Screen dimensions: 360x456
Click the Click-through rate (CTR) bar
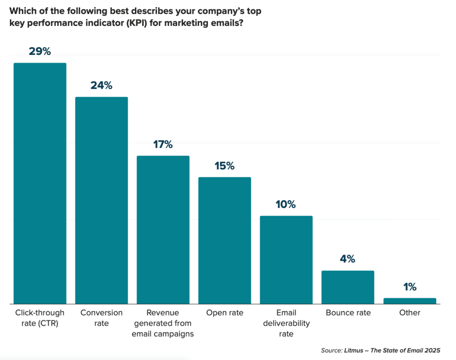(40, 183)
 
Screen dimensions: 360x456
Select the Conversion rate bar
(102, 200)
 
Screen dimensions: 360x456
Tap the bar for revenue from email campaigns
(163, 229)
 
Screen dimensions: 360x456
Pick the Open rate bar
(224, 241)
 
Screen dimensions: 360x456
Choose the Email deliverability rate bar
(286, 260)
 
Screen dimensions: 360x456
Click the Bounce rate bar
(348, 287)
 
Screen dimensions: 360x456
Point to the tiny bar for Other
(409, 301)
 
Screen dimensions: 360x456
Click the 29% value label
(40, 51)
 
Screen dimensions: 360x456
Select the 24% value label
(102, 85)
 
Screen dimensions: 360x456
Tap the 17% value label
(163, 144)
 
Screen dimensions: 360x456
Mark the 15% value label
(224, 166)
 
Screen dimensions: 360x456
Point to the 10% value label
(286, 205)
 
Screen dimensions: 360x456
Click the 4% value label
(348, 259)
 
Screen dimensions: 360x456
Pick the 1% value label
(409, 287)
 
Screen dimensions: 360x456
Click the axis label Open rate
(224, 313)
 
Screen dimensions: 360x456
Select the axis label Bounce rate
(348, 313)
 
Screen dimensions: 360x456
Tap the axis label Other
(409, 313)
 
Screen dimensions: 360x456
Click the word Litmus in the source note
(353, 351)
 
